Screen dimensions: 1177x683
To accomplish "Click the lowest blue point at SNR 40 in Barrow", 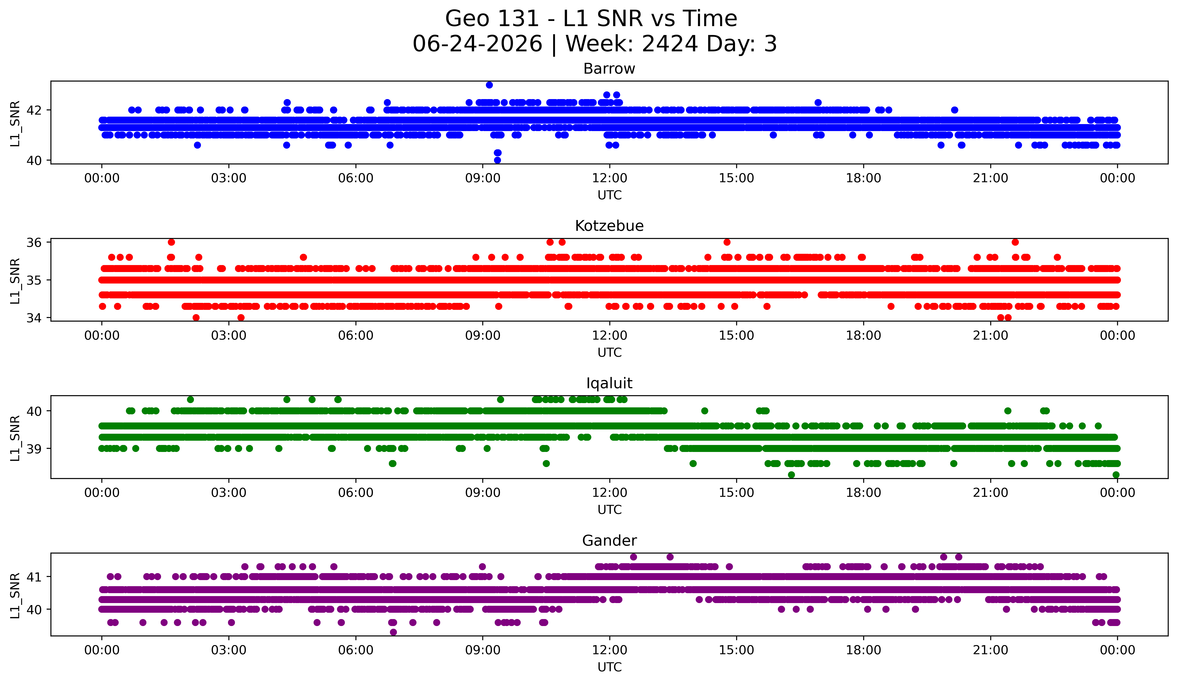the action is click(x=497, y=160).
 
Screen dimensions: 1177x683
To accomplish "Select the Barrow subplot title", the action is click(x=609, y=69).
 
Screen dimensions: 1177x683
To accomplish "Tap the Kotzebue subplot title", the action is click(x=609, y=226).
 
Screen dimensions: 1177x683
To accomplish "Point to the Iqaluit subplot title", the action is click(x=609, y=383).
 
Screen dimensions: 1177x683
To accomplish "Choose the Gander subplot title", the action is click(x=609, y=541).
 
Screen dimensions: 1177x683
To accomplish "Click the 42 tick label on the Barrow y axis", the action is click(x=34, y=110).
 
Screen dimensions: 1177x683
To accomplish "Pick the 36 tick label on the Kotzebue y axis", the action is click(x=34, y=242).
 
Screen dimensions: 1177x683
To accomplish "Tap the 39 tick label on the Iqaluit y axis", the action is click(x=34, y=449).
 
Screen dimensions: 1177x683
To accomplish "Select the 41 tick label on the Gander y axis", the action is click(x=34, y=577).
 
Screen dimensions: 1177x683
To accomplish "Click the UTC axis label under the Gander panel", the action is click(x=610, y=667).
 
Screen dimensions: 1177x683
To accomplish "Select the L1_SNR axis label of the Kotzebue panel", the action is click(x=15, y=281).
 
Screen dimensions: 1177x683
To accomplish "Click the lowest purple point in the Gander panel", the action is click(x=393, y=632).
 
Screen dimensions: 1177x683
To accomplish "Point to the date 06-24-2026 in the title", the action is click(x=477, y=44).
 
